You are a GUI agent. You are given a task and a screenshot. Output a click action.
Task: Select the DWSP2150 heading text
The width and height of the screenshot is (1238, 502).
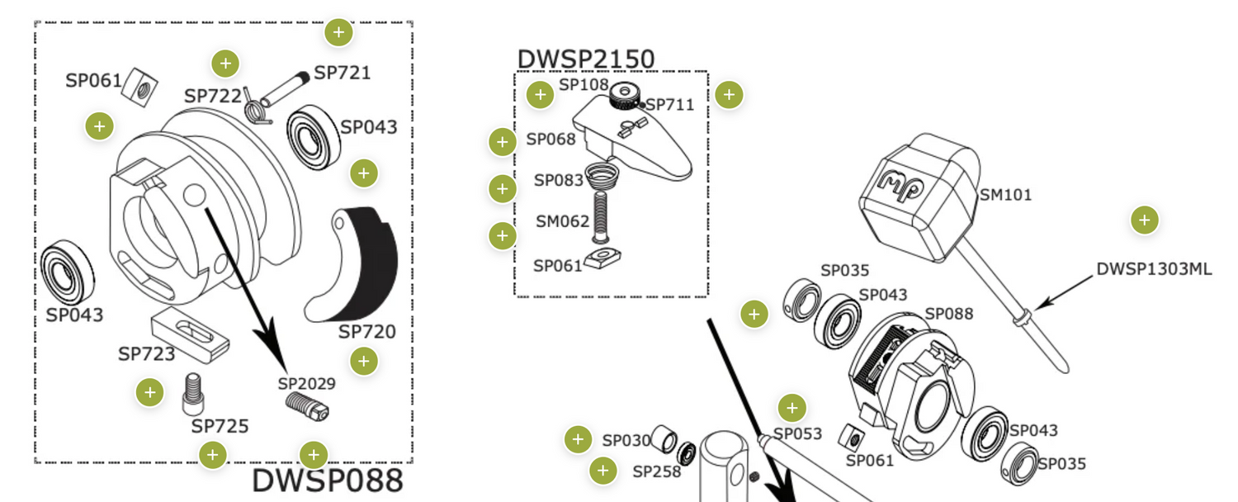point(585,59)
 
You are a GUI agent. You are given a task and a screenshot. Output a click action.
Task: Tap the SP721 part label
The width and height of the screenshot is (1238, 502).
point(342,73)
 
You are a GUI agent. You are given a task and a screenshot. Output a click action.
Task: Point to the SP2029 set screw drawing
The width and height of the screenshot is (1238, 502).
point(308,405)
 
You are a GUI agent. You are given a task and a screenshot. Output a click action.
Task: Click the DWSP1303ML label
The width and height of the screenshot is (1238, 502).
point(1154,269)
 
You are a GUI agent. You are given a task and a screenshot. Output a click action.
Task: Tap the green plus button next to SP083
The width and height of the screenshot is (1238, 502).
point(503,189)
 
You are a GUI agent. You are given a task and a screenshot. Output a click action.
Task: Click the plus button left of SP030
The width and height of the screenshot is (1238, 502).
point(578,440)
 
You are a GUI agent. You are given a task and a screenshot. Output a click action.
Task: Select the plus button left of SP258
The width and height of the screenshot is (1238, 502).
point(603,471)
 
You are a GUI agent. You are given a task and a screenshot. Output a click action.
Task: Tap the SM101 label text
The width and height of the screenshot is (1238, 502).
point(1005,195)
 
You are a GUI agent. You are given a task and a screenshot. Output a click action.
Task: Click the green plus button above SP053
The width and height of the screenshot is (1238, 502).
point(791,407)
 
